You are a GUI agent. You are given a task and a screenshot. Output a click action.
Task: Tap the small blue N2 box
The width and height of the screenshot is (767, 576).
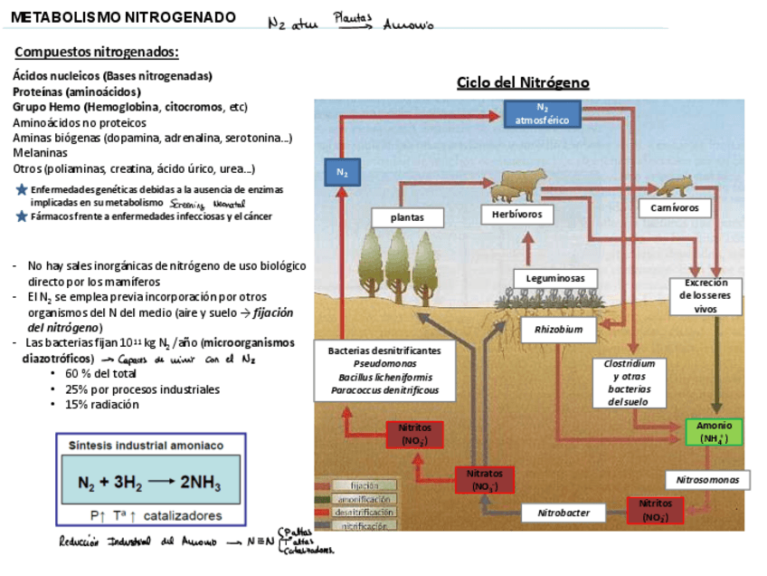(x=342, y=171)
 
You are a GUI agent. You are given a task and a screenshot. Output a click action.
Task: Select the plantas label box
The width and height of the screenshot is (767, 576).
(x=407, y=217)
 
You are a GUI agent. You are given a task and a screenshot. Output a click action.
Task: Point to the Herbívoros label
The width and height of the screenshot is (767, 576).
(x=512, y=215)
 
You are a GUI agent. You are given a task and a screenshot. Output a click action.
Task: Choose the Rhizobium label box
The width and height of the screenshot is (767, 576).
(x=558, y=330)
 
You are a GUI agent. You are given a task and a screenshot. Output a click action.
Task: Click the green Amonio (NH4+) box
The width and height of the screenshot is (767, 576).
(x=714, y=432)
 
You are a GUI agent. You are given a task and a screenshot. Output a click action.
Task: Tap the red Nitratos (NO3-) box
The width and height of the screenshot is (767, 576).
(x=484, y=479)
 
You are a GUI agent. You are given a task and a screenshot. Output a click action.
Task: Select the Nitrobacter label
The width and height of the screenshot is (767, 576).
(x=563, y=513)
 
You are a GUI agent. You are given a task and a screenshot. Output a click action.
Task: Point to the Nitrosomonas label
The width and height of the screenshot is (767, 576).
(x=707, y=479)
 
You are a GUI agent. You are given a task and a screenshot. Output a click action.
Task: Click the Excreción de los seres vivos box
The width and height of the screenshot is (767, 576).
(x=717, y=295)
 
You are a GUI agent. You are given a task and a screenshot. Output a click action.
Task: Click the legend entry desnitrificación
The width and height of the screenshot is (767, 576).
(x=364, y=512)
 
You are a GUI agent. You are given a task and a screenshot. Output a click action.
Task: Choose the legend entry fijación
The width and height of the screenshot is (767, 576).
(x=364, y=485)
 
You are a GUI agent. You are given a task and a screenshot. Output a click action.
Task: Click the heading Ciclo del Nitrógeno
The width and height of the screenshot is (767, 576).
(x=523, y=83)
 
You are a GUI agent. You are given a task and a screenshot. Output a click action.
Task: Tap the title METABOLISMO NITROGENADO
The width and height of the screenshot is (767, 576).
(x=124, y=18)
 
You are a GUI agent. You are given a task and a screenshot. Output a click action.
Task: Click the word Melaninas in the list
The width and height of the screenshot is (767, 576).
(x=40, y=153)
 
